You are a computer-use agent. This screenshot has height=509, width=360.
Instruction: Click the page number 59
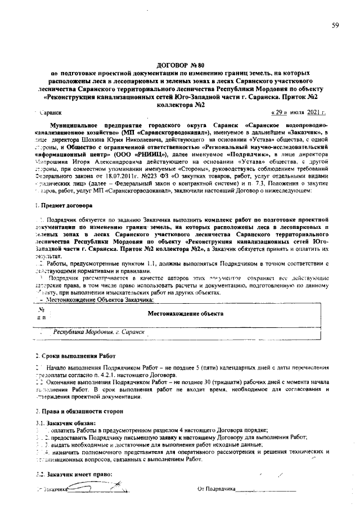click(x=335, y=25)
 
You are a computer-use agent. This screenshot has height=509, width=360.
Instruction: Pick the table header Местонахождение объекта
click(x=185, y=313)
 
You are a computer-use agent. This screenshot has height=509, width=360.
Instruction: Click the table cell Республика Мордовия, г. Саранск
click(x=99, y=332)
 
